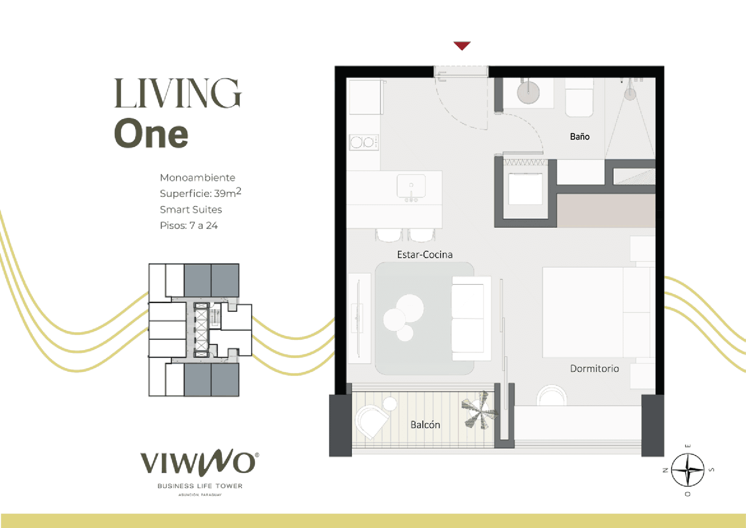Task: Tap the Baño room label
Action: click(x=580, y=137)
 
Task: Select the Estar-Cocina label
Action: click(x=424, y=255)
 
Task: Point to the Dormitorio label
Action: click(x=594, y=369)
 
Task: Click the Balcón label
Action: click(x=425, y=425)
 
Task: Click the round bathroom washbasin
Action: click(x=528, y=92)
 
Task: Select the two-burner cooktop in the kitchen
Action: click(x=364, y=142)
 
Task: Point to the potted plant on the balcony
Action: click(x=480, y=410)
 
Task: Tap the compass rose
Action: click(x=688, y=470)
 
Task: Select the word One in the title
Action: click(x=151, y=134)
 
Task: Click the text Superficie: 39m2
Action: click(x=200, y=193)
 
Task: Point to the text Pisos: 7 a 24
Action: click(x=188, y=226)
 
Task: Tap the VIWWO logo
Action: click(x=199, y=462)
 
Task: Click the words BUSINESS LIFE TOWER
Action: click(x=200, y=486)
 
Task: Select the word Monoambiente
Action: click(x=197, y=178)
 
